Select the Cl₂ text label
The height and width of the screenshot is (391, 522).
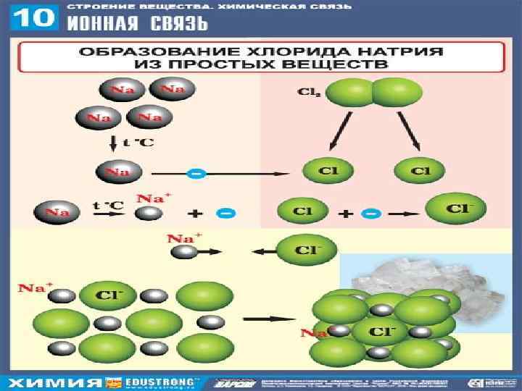(x=307, y=93)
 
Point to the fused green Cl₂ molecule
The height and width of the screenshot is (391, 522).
(x=372, y=94)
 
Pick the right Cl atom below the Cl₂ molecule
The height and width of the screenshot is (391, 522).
(x=419, y=172)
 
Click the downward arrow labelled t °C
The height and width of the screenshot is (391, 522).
(x=114, y=143)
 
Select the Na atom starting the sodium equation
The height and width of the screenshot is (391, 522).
(x=55, y=213)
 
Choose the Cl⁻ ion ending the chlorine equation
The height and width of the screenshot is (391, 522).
(x=455, y=210)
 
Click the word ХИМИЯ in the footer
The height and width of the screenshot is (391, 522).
(x=54, y=382)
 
